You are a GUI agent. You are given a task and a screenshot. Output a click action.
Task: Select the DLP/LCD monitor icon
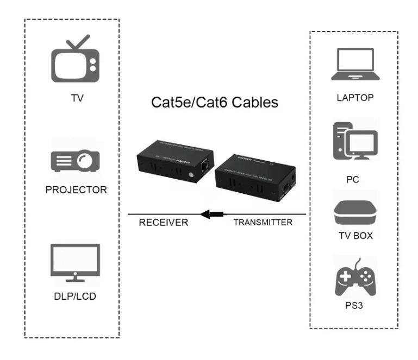(x=74, y=263)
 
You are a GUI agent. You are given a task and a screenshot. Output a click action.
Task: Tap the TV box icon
(x=355, y=214)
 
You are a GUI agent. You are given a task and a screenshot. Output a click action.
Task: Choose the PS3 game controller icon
(x=354, y=277)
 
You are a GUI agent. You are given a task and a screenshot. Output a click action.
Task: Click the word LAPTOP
(x=354, y=97)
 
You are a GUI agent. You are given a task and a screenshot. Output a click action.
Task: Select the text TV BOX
(x=354, y=236)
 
